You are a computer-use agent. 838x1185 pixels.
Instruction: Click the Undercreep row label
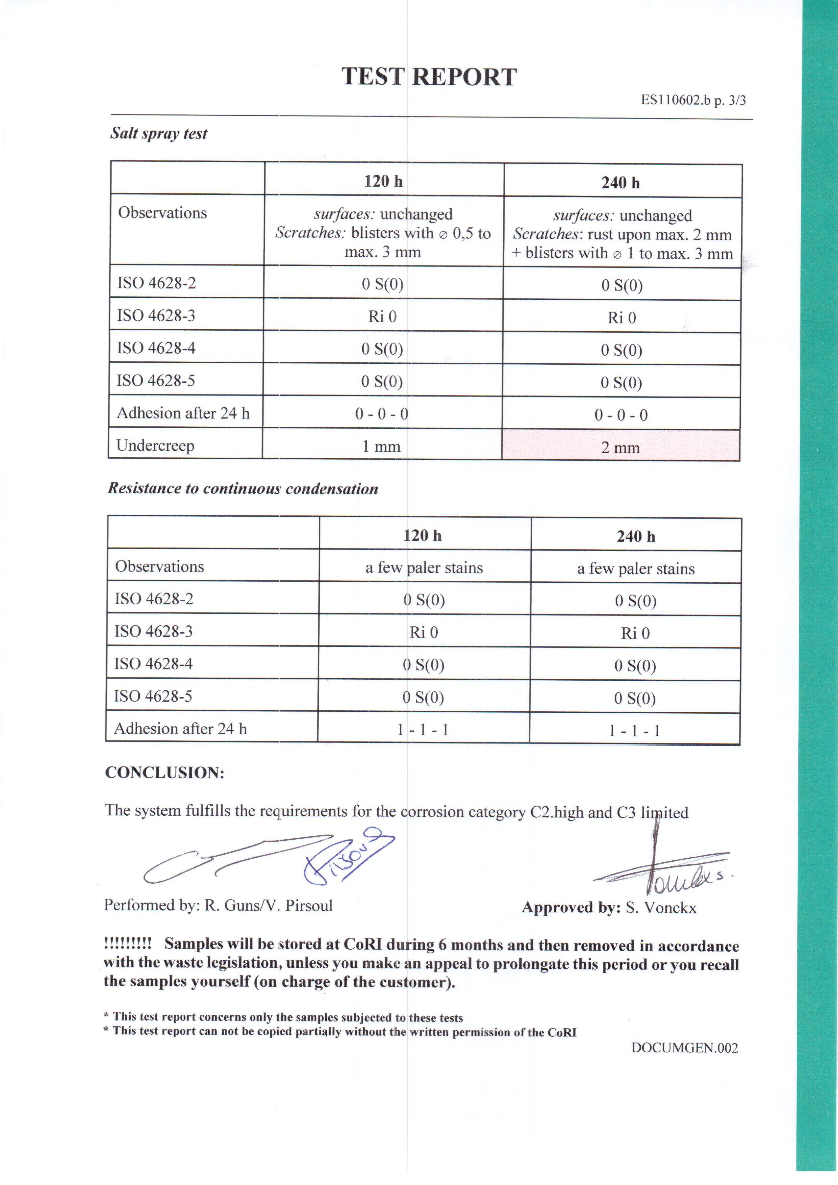[155, 445]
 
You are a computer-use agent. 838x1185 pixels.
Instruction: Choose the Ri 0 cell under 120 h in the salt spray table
[382, 316]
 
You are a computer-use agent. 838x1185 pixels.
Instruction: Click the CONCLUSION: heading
[165, 773]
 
